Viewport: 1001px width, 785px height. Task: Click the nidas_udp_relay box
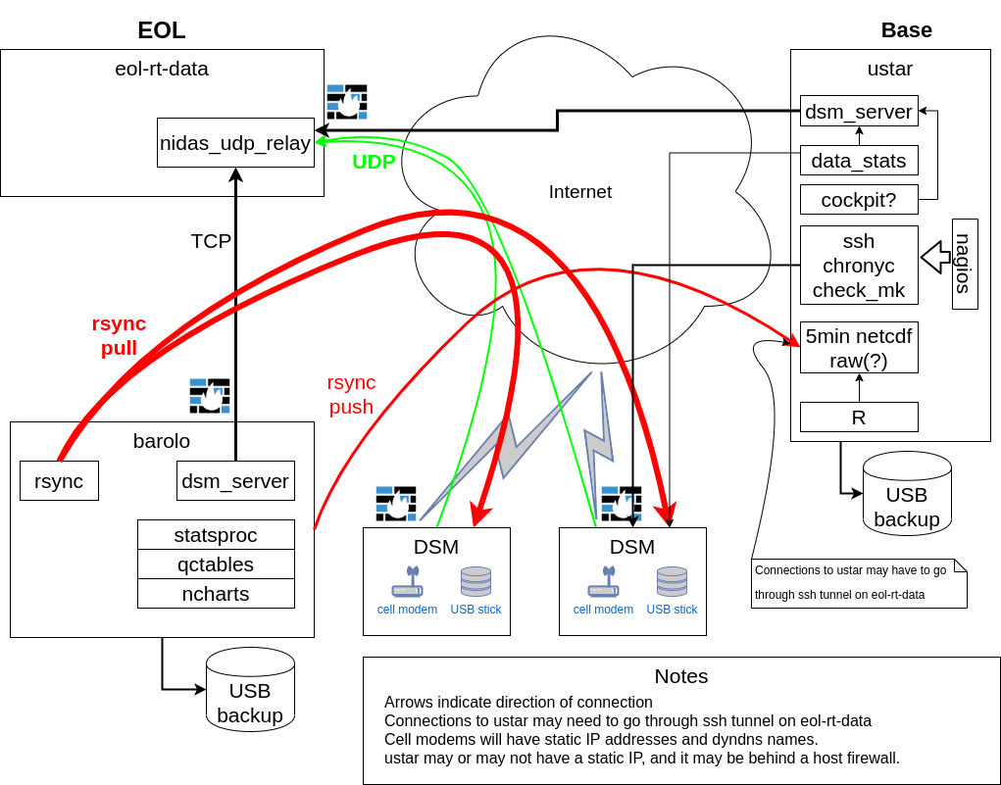click(x=235, y=143)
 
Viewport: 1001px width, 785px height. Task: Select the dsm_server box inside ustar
click(x=859, y=112)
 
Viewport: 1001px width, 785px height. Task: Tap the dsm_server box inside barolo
click(x=235, y=481)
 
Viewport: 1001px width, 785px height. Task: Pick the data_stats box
click(x=859, y=161)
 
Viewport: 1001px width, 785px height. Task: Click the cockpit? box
click(x=859, y=200)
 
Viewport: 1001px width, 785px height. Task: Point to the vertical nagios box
click(x=965, y=264)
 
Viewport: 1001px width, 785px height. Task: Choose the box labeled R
click(x=859, y=417)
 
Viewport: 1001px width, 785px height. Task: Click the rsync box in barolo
click(x=59, y=481)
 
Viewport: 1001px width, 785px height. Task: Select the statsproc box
click(x=216, y=535)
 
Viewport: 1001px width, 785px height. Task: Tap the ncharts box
click(x=216, y=594)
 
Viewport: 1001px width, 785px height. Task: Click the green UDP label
click(x=374, y=163)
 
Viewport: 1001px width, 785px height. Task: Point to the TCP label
click(x=211, y=241)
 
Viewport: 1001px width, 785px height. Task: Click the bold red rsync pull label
click(x=119, y=335)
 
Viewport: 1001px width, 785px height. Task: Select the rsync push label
click(x=351, y=395)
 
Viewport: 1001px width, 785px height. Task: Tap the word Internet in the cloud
click(x=580, y=192)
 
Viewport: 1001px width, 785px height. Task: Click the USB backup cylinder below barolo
click(x=250, y=691)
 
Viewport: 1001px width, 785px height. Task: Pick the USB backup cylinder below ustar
click(x=907, y=495)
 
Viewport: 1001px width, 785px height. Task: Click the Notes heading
click(x=681, y=676)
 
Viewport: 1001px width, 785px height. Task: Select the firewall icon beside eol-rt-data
click(x=347, y=102)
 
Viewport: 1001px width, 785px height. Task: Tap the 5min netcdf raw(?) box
click(x=859, y=348)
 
